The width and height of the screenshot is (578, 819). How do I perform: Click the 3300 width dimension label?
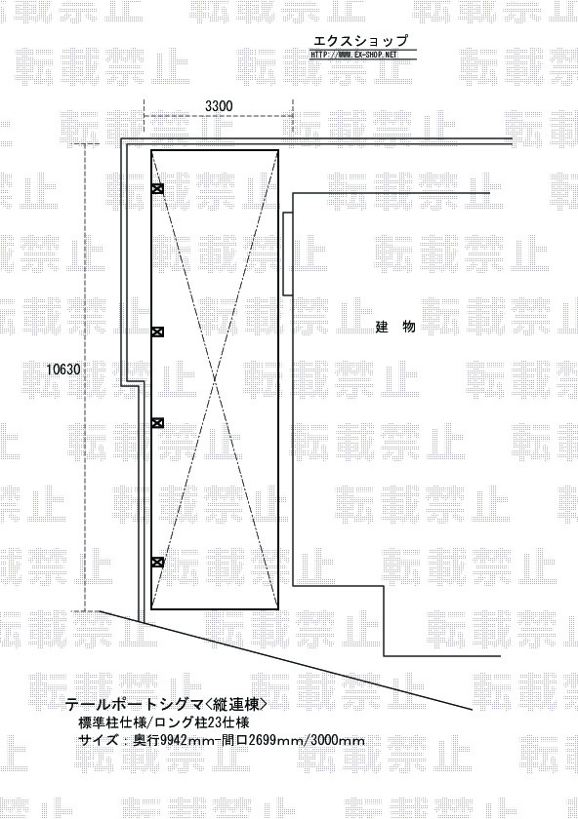[x=219, y=106]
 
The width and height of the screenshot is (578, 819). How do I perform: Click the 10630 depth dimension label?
[x=63, y=370]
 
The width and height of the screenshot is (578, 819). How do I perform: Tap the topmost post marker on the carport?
[x=157, y=189]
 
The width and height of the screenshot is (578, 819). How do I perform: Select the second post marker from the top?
[x=157, y=331]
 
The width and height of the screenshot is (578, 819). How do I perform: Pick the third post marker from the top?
[x=157, y=422]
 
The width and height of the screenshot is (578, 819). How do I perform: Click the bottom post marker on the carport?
[x=157, y=563]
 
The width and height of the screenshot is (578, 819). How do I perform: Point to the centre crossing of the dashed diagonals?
[x=215, y=379]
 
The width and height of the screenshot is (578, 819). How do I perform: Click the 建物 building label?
[x=396, y=327]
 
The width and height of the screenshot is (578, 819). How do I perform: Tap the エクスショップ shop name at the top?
[x=360, y=41]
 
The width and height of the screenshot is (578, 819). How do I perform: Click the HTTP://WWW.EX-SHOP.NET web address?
[x=354, y=55]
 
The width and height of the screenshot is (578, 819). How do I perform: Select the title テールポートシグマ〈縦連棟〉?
[x=166, y=705]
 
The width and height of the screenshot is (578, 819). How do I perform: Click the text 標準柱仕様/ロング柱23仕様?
[x=163, y=722]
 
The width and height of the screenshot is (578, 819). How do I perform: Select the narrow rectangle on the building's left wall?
[x=288, y=253]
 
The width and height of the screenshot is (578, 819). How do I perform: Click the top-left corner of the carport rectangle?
[x=151, y=150]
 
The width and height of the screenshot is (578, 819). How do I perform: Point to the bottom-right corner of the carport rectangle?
[x=277, y=609]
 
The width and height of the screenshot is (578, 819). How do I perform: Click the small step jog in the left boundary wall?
[x=132, y=384]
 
